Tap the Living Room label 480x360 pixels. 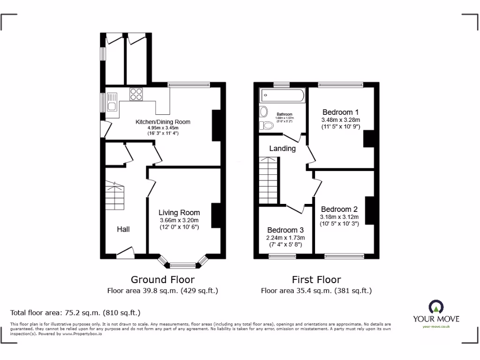coord(179,212)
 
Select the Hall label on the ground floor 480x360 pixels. coord(123,229)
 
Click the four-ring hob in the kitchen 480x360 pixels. coord(136,94)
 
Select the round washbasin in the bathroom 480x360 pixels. coord(263,112)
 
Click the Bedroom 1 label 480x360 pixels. coord(340,112)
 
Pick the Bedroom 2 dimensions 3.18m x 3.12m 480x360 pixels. coord(339,217)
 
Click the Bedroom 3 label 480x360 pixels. coord(285,230)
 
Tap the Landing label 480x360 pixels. coord(282,149)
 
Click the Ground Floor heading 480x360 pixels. coord(162,280)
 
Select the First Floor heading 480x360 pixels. coord(316,280)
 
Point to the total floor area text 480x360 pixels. coord(75,312)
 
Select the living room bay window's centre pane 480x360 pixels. coord(183,265)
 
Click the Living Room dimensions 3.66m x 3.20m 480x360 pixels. coord(179,220)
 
